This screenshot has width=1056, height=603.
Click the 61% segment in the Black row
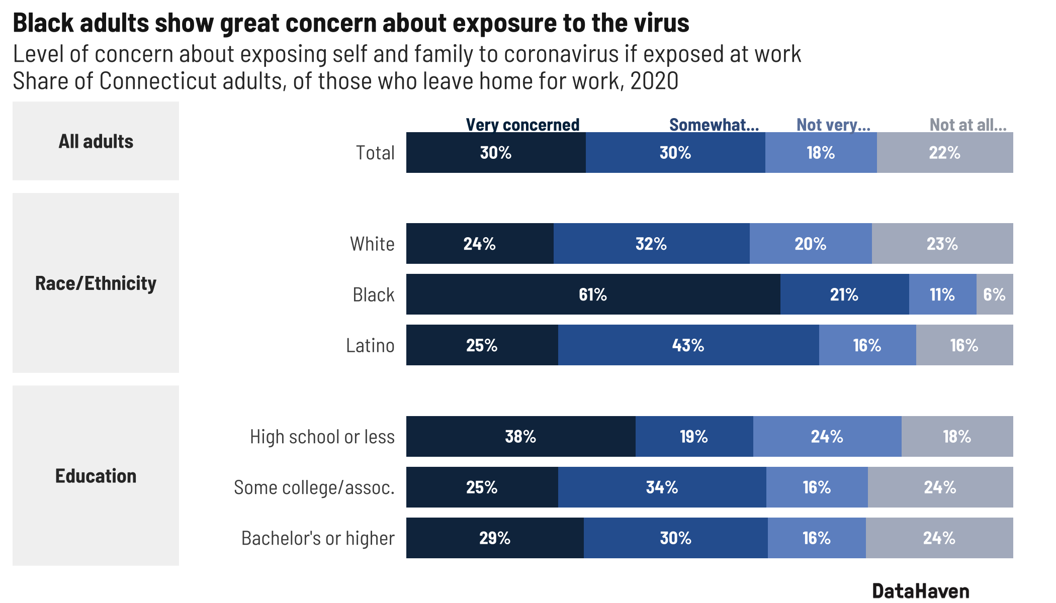click(593, 294)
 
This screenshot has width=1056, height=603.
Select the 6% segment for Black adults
click(994, 294)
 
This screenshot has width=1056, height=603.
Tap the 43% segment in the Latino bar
click(688, 345)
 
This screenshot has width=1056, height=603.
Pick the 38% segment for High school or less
click(520, 437)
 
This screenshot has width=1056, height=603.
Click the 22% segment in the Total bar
click(944, 153)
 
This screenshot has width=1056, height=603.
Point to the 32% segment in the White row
click(651, 244)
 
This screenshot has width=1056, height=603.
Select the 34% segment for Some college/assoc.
click(662, 487)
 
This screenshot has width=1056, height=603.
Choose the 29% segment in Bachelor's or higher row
click(495, 538)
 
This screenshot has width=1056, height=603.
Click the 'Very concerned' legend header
click(522, 125)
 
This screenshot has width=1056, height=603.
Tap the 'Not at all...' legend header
click(968, 125)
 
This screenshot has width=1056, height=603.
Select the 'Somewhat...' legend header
click(714, 125)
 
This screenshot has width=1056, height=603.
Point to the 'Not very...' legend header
click(833, 125)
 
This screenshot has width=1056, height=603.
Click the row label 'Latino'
click(370, 346)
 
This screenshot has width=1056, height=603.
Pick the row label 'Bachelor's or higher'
click(318, 538)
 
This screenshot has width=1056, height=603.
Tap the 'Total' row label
click(375, 153)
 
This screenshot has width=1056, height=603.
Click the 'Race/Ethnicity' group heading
click(96, 283)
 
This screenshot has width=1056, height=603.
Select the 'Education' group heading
click(96, 476)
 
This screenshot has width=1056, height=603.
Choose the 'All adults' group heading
click(96, 141)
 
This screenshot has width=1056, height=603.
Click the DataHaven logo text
click(920, 591)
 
